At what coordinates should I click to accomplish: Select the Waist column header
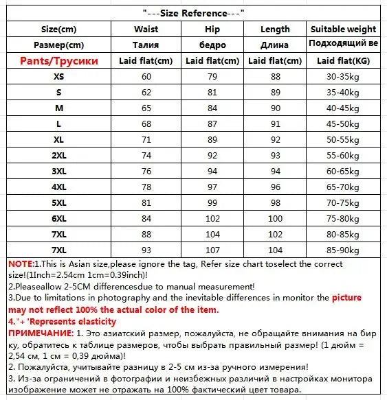pos(146,30)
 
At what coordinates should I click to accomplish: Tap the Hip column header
pos(212,30)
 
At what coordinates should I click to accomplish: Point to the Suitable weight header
pos(344,30)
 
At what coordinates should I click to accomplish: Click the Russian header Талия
pos(146,45)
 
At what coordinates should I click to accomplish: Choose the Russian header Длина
pos(275,45)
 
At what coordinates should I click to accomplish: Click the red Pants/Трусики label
pos(59,60)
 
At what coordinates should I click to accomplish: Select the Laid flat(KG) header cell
pos(344,60)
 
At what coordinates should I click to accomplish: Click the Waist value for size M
pos(146,108)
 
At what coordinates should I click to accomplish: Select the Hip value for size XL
pos(212,139)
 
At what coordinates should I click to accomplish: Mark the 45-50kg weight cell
pos(344,123)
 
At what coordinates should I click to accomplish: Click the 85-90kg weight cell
pos(344,249)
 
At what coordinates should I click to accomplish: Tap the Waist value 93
pos(146,249)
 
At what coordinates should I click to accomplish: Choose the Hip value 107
pos(212,249)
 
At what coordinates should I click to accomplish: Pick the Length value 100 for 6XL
pos(275,218)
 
